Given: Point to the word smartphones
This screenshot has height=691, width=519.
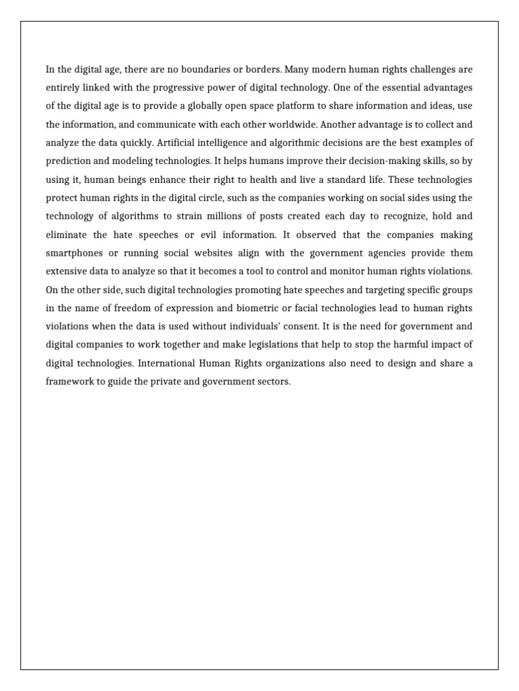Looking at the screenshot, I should coord(76,253).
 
